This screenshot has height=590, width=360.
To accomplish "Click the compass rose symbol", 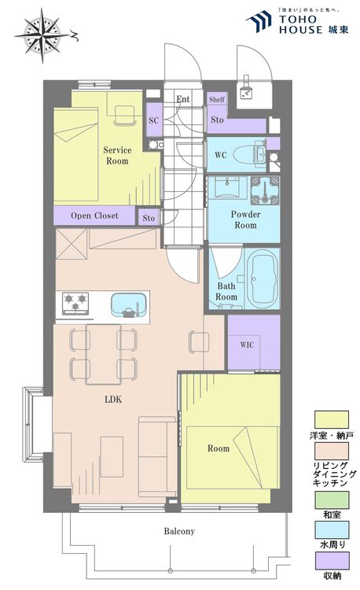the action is [x=42, y=35].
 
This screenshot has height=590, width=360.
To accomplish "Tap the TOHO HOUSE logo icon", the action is [x=259, y=21].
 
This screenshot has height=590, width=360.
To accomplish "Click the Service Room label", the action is [x=117, y=156].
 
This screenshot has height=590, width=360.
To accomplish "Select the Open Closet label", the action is [x=94, y=216].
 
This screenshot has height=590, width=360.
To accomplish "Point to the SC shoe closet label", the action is [x=154, y=120].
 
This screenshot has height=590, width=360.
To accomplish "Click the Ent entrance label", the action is [x=183, y=99].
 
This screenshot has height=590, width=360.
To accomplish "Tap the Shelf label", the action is [x=217, y=99].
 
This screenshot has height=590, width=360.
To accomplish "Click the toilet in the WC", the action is [x=250, y=154].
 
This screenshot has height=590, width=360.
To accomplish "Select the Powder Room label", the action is [x=245, y=219].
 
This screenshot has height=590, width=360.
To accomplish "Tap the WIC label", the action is [x=247, y=345].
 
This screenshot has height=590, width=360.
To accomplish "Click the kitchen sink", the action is [x=129, y=304].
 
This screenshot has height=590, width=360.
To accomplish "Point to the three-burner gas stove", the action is [x=75, y=304].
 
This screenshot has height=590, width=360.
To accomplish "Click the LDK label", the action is [x=113, y=399].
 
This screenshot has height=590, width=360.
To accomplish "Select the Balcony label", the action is [x=179, y=531].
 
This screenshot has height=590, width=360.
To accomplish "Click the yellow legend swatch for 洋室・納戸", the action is [x=332, y=419].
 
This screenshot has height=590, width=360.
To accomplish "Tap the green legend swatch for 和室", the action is [x=332, y=500].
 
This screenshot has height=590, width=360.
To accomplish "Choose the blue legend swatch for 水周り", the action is [x=332, y=529].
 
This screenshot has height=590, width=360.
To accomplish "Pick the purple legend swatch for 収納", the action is [x=332, y=561].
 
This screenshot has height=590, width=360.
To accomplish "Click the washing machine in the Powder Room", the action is [x=266, y=190].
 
